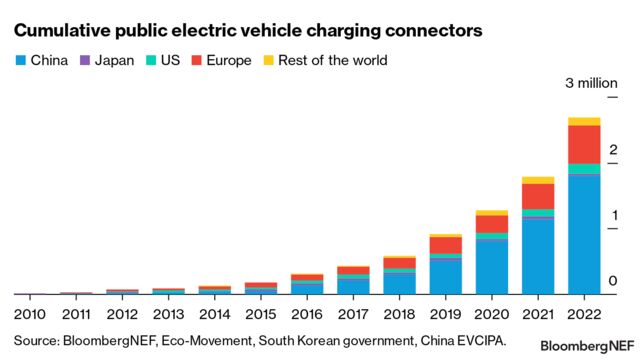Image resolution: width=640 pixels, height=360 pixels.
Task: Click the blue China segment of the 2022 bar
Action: tap(584, 235)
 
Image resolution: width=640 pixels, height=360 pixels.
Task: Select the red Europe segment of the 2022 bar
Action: tap(584, 144)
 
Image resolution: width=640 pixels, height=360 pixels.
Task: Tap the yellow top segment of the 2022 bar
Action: tap(584, 121)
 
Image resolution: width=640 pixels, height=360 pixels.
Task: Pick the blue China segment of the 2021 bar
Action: tap(538, 256)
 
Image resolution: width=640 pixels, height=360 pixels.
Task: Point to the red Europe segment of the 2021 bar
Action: tap(538, 196)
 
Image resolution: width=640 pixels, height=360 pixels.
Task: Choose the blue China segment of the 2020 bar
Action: tap(491, 268)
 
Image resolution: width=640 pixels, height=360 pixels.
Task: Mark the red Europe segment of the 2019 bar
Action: tap(445, 245)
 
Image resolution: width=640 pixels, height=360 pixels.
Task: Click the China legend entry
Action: tap(42, 60)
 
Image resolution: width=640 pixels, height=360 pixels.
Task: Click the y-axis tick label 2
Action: tap(613, 150)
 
